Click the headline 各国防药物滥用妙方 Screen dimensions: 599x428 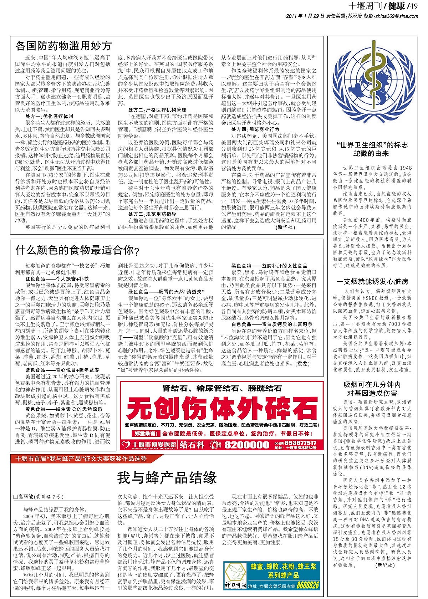(x=64, y=46)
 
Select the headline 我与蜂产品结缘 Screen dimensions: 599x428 (x=167, y=478)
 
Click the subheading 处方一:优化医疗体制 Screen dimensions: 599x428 (x=49, y=116)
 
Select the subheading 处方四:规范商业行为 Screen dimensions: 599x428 (x=255, y=129)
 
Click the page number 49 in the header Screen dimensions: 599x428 (x=414, y=6)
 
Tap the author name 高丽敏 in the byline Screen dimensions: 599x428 (x=30, y=497)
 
